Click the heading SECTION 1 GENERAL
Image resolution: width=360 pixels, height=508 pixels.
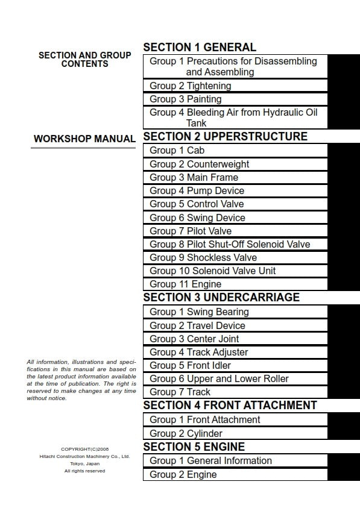(x=200, y=47)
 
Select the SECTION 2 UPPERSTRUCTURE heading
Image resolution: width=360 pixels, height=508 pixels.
(x=225, y=137)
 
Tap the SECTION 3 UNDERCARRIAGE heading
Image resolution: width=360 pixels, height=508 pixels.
(x=221, y=298)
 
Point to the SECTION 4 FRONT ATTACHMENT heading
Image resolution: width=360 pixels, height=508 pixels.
(x=230, y=405)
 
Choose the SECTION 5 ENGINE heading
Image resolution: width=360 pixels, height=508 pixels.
(x=194, y=447)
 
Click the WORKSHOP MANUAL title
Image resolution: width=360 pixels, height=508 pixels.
(x=84, y=139)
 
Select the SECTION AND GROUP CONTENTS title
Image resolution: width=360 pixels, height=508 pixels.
(x=84, y=59)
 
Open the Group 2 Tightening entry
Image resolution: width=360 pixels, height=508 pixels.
(x=191, y=86)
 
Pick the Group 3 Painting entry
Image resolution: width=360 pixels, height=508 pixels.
(x=186, y=99)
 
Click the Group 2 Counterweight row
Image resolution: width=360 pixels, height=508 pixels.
(x=200, y=164)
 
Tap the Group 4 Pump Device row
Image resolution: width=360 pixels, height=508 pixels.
(x=197, y=190)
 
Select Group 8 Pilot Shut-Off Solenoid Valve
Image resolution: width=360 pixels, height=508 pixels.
(x=230, y=244)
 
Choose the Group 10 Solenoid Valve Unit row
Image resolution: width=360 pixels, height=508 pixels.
(x=213, y=271)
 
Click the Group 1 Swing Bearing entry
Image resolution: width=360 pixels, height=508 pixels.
(x=199, y=312)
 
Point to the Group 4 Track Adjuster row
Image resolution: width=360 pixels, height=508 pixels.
(x=199, y=352)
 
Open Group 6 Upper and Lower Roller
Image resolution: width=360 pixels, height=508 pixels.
(x=219, y=378)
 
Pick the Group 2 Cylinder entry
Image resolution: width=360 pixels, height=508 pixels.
(x=186, y=433)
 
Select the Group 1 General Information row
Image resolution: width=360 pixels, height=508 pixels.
(x=210, y=460)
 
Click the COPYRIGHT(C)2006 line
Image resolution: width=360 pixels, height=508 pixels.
(x=84, y=449)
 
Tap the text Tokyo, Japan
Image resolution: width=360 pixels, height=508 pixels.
(x=84, y=463)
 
